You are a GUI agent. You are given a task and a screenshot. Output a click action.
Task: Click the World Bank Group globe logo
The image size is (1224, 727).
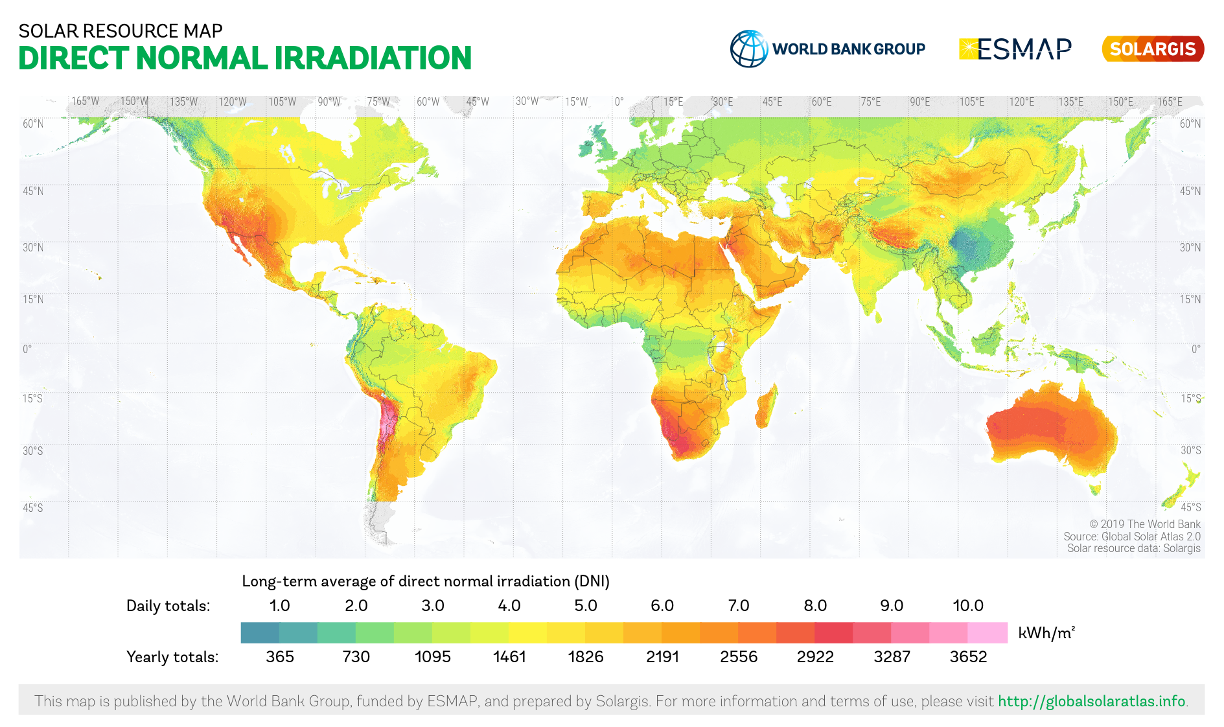749,49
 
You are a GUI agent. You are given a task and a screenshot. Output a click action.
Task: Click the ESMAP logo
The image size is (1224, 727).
1015,49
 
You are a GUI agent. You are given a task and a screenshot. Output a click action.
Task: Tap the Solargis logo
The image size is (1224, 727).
1153,49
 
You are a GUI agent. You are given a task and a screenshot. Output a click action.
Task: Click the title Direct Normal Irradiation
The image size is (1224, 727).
245,58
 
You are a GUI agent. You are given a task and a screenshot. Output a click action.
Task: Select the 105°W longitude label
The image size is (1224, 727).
282,102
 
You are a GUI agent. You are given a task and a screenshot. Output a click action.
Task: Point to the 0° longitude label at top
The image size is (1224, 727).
619,102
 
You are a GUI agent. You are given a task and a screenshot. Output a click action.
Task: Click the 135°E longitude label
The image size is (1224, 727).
1070,102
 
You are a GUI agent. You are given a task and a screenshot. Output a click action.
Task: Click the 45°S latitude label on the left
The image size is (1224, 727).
32,507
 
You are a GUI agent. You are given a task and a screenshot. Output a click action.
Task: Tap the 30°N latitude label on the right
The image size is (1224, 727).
1190,248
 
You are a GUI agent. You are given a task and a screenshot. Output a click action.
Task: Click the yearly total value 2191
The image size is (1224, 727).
662,656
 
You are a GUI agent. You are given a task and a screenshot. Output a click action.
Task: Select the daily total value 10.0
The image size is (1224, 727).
967,605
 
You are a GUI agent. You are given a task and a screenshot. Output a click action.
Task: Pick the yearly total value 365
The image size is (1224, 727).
280,656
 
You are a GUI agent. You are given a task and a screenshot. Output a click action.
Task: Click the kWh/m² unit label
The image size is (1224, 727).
1046,633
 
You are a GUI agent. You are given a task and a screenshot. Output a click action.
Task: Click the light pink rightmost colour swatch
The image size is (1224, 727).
987,632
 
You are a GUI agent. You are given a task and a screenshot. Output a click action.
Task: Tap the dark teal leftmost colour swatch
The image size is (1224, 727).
260,632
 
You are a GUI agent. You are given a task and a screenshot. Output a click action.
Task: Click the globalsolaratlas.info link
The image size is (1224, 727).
1091,701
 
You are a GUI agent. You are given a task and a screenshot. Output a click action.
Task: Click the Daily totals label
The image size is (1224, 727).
168,606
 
